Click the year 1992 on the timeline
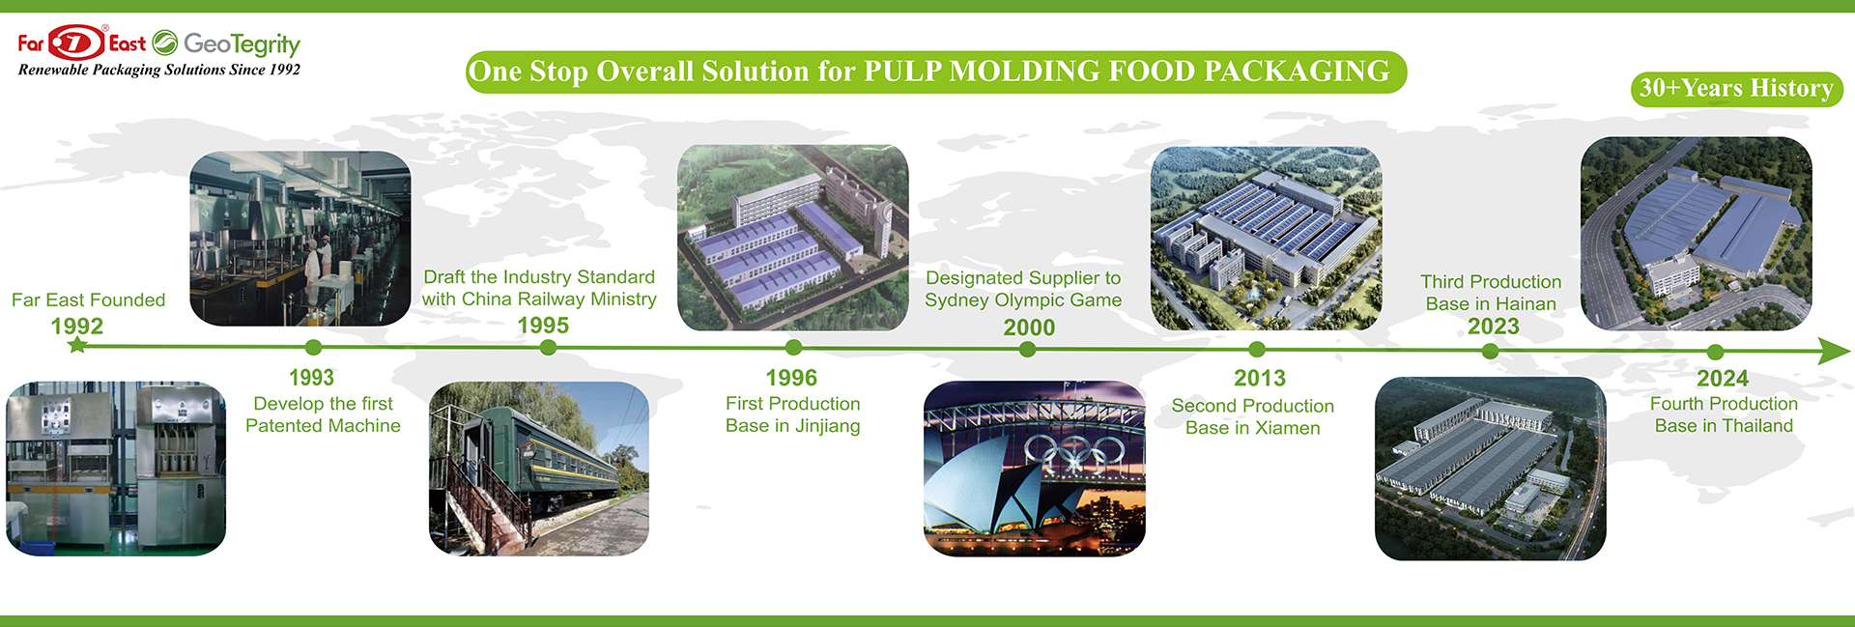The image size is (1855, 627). [x=77, y=326]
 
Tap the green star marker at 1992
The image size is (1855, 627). [x=77, y=344]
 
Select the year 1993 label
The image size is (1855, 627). [x=311, y=378]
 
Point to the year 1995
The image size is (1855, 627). [x=543, y=326]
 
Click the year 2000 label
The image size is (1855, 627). [x=1029, y=328]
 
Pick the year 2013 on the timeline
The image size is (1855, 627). [x=1260, y=378]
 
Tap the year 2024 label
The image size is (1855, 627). [x=1723, y=378]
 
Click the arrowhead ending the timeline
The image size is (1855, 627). [x=1833, y=351]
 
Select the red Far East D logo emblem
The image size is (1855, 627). [x=76, y=43]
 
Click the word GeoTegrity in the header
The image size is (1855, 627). [x=242, y=43]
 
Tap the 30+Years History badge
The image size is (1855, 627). [x=1736, y=89]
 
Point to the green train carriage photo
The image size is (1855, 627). [x=539, y=469]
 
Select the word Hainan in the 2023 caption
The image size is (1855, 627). [x=1526, y=304]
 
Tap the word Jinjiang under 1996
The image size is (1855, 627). [x=828, y=427]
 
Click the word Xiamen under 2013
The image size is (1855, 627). [x=1288, y=428]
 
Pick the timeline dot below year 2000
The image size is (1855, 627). [x=1028, y=350]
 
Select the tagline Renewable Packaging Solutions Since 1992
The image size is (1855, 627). [x=159, y=70]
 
